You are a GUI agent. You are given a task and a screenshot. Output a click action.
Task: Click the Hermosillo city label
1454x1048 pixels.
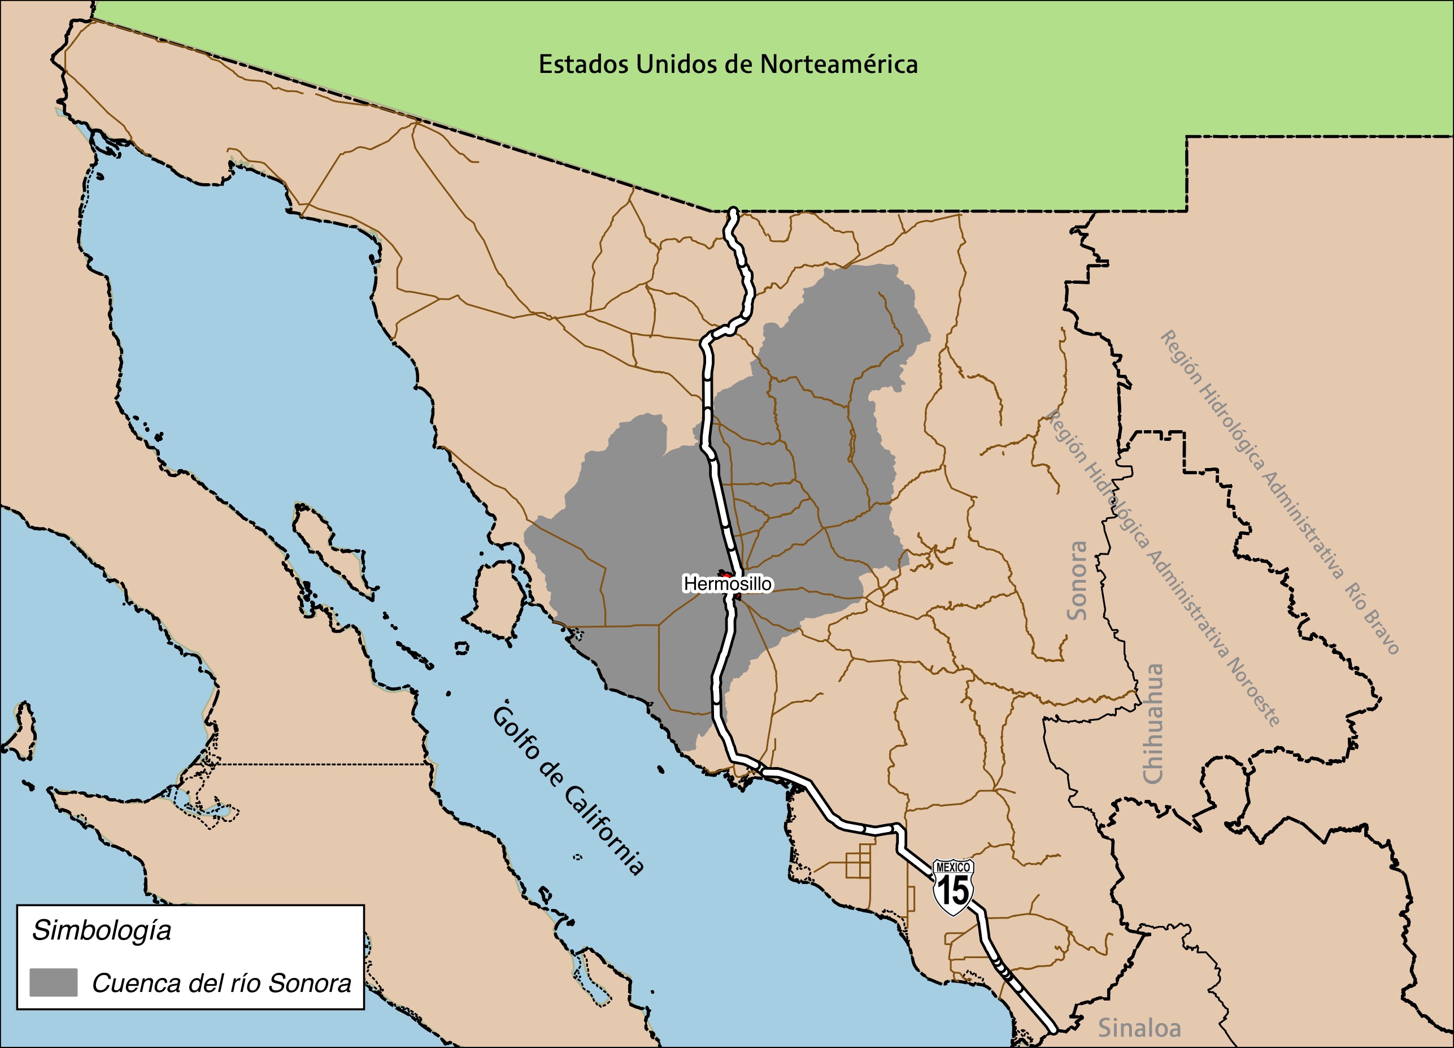click(728, 584)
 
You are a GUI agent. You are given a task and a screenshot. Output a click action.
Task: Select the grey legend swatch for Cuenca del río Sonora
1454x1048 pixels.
click(53, 982)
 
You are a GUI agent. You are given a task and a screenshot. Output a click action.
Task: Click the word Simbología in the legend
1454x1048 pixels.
click(102, 930)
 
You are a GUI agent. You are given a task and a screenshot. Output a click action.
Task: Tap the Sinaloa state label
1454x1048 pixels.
click(1139, 1028)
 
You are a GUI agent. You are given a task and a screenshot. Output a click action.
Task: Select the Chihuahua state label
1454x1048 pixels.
click(1153, 723)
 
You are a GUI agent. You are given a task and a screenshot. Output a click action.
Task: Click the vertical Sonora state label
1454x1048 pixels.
click(1078, 581)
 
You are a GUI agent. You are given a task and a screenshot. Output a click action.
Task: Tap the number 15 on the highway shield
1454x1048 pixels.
click(954, 891)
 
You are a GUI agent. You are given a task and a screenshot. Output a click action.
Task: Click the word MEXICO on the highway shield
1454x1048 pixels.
click(954, 868)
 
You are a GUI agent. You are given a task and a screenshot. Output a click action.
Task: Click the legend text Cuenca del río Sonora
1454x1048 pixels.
click(221, 983)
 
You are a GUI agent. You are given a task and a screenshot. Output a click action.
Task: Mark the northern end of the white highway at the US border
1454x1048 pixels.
click(733, 211)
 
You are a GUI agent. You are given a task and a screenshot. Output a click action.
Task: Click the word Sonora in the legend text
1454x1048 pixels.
click(309, 983)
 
